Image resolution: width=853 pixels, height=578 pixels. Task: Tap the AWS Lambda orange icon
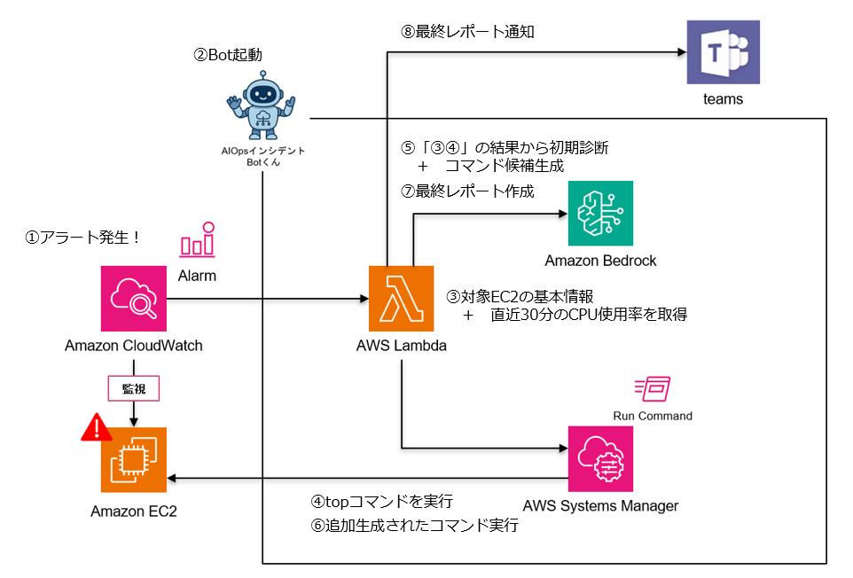401,298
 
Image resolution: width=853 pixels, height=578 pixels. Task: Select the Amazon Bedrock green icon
600,214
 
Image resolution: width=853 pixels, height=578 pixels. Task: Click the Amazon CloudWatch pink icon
134,298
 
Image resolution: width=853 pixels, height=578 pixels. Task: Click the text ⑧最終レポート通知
467,33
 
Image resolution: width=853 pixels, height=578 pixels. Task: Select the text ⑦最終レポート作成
467,191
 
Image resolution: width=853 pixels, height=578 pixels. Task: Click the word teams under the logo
723,98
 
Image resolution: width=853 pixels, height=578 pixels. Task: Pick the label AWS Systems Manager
600,506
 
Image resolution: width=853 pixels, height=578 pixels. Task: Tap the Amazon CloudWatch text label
134,345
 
